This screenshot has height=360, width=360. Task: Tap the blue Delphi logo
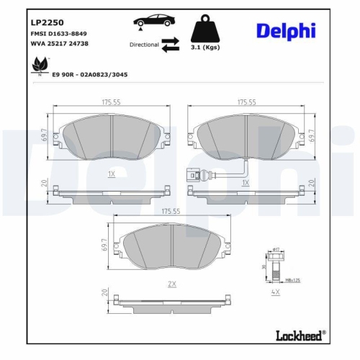coord(287,31)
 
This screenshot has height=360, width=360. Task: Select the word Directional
coord(144,45)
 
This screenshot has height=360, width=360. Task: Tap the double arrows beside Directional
coord(170,45)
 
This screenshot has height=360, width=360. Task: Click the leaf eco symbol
coord(35,64)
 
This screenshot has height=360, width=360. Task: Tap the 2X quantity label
coord(171,284)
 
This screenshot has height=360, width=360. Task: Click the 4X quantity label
coord(275,293)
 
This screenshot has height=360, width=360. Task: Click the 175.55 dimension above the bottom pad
coord(171,212)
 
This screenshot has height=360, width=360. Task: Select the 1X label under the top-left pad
coord(111,174)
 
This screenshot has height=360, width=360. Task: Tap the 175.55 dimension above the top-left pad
coord(111,103)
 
